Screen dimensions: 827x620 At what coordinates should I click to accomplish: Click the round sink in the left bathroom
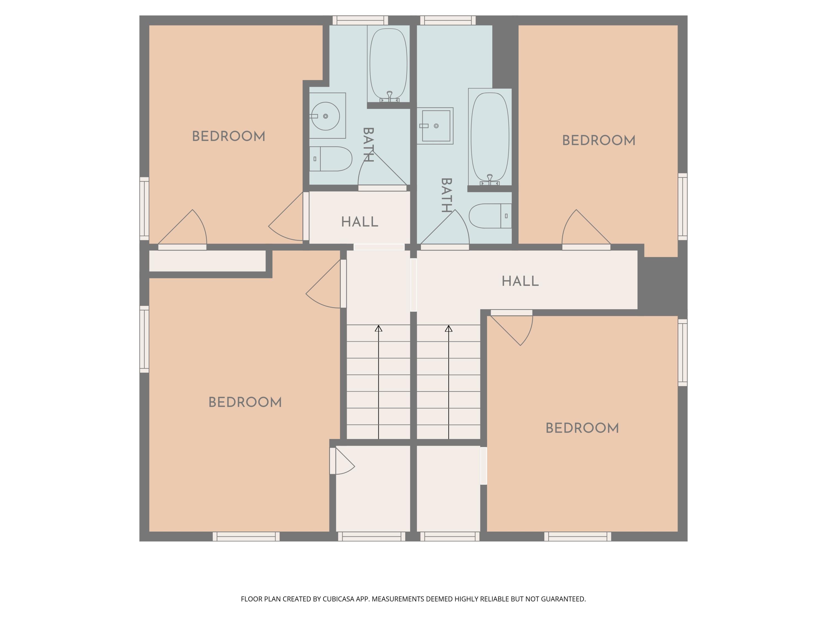pos(325,116)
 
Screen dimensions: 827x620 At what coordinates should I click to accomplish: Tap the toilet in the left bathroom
pos(331,159)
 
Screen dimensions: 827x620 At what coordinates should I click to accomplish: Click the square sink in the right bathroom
pos(436,126)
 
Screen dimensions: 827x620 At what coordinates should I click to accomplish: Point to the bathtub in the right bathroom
pos(490,137)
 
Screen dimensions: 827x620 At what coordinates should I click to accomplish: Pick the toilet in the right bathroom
pos(490,216)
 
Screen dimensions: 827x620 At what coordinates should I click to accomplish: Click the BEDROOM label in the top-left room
pos(229,136)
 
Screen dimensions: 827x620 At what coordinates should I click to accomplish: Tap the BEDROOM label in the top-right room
pos(598,141)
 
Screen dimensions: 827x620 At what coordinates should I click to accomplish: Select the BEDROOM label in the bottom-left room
pos(245,403)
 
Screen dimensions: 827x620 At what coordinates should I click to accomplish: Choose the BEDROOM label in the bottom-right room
pos(582,428)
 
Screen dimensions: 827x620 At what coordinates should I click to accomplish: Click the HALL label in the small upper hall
pos(360,222)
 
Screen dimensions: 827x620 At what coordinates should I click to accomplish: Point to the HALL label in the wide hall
pos(520,281)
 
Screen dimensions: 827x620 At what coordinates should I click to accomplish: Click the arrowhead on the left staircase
pos(379,328)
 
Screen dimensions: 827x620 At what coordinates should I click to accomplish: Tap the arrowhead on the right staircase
pos(449,328)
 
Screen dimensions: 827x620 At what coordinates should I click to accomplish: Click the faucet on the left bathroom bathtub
pos(390,96)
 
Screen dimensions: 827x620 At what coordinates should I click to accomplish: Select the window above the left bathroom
pos(360,20)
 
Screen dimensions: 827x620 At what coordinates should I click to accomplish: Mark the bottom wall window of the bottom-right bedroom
pos(578,537)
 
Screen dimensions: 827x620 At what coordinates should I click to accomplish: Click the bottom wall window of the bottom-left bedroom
pos(246,537)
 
